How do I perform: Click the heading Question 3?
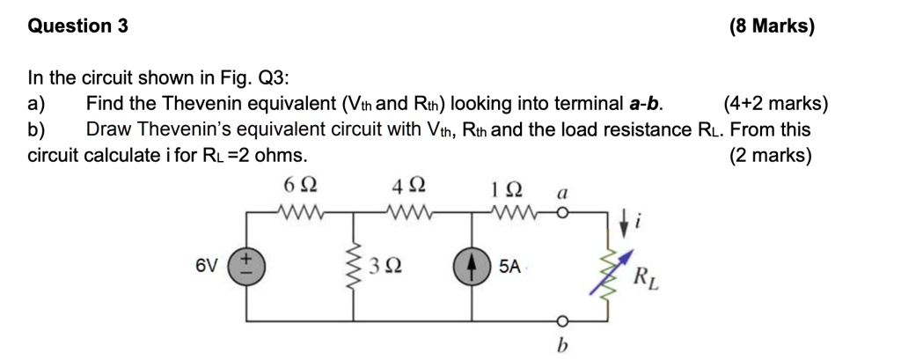78,26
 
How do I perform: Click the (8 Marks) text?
772,26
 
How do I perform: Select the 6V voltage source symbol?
245,265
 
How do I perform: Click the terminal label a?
562,191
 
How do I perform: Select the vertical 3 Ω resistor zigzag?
356,265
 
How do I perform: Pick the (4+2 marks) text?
775,105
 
